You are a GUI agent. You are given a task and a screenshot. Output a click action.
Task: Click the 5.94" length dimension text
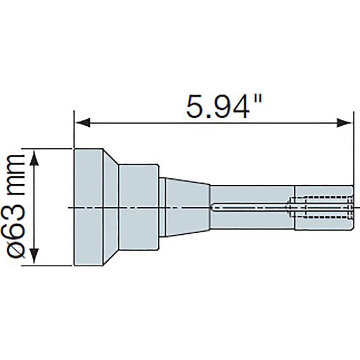coord(224,106)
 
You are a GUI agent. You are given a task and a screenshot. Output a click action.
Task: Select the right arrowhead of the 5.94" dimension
coord(345,123)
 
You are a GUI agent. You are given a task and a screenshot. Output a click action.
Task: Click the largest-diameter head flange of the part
coord(89,207)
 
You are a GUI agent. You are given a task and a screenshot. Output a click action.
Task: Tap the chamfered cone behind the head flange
coord(111,207)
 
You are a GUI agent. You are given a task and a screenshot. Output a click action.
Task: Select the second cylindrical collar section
coord(139,207)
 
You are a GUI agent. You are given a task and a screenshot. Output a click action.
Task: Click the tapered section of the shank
coord(187,207)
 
